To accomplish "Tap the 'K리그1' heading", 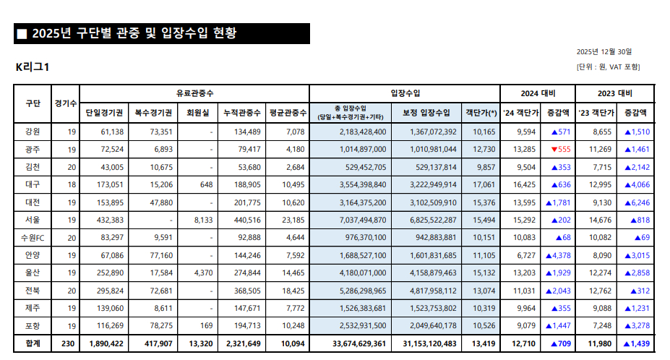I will point(32,67).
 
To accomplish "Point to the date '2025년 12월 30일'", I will point(604,52).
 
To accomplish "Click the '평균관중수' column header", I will point(288,113).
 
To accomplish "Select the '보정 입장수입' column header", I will point(426,113).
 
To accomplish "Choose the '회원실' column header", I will point(198,113).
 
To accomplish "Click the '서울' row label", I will point(33,219).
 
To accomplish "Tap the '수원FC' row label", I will point(33,236).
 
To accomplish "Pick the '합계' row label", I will point(33,342).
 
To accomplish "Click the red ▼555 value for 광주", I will point(560,149).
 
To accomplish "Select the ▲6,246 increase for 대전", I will point(637,202).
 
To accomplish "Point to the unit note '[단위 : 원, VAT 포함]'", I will point(608,67).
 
